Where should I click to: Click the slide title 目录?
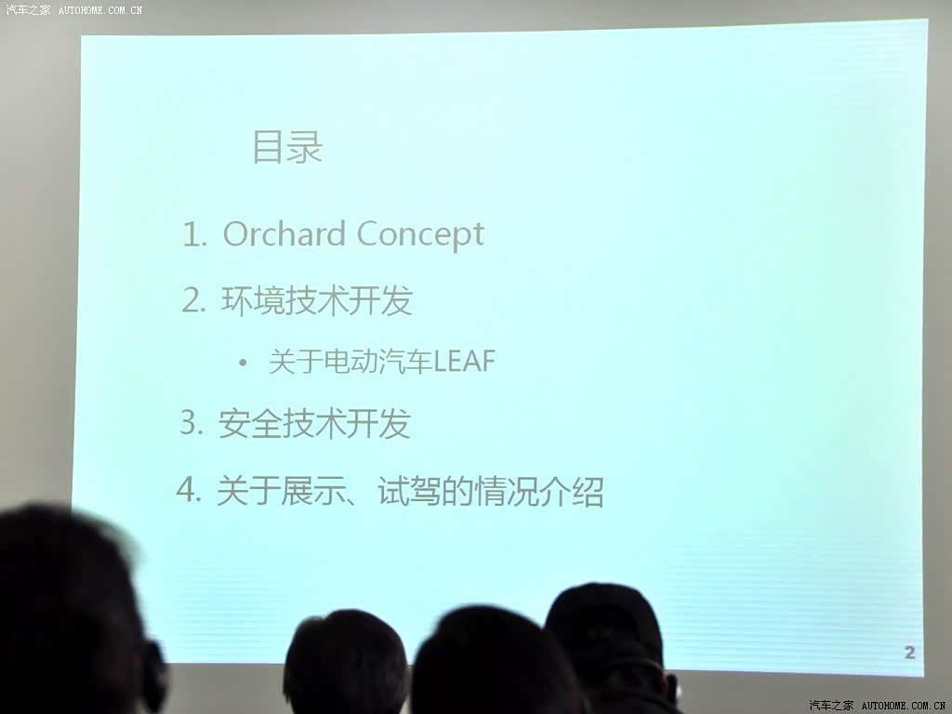coord(287,147)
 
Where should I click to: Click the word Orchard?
coord(284,233)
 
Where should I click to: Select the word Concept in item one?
coord(420,235)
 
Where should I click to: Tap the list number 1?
coord(194,234)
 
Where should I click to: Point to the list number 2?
coord(193,300)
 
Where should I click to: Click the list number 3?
coord(192,422)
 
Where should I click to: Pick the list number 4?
coord(188,489)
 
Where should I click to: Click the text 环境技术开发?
coord(317,300)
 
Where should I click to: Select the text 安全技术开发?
coord(314,423)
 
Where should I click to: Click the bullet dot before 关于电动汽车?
coord(243,364)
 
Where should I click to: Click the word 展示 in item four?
coord(312,491)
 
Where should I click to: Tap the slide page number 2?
coord(909,653)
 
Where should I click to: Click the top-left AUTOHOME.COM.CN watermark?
coord(100,9)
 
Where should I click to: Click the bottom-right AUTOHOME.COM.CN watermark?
coord(903,706)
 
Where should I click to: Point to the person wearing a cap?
coord(610,647)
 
